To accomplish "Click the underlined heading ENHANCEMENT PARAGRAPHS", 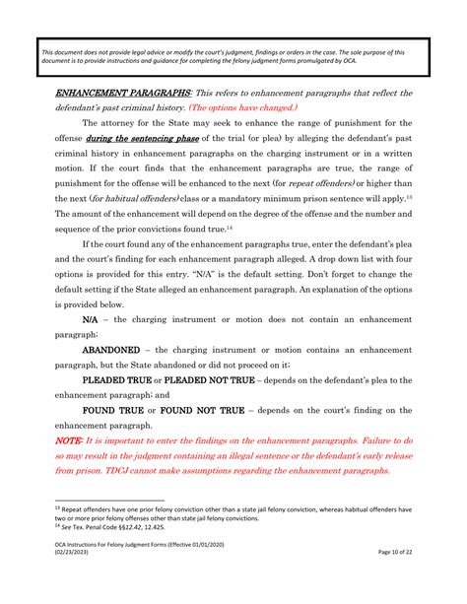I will [110, 93].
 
